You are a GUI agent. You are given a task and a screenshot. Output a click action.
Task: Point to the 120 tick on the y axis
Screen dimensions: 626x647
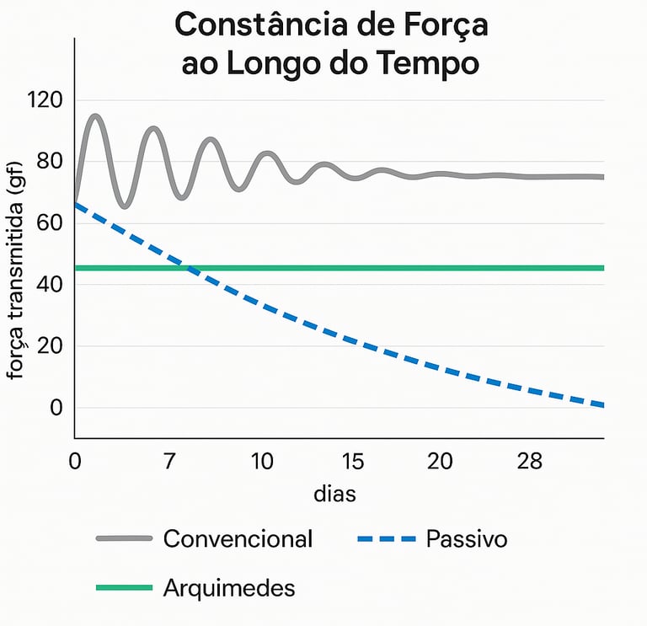click(45, 100)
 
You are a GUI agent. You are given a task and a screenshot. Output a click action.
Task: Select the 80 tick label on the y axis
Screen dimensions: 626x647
click(51, 162)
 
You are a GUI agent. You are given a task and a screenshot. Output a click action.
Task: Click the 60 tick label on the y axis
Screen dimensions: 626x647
click(51, 223)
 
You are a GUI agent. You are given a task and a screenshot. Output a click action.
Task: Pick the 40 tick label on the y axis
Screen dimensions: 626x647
click(51, 285)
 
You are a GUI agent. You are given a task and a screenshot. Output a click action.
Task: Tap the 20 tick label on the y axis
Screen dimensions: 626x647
click(51, 346)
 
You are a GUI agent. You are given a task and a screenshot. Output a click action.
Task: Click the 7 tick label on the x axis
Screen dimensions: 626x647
click(168, 462)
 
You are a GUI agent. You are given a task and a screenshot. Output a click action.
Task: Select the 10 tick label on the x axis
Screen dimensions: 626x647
click(262, 462)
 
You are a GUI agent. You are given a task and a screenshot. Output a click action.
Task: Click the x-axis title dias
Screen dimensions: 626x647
click(334, 494)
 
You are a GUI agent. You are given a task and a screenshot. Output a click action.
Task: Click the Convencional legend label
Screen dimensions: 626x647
click(238, 538)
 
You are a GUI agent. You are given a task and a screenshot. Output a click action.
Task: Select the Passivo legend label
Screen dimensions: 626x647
click(467, 538)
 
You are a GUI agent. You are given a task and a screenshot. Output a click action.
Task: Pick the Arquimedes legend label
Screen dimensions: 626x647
click(229, 587)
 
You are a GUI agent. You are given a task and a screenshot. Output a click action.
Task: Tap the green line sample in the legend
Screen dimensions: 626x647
click(124, 587)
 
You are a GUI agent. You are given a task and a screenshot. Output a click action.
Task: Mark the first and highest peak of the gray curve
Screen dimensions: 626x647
click(95, 116)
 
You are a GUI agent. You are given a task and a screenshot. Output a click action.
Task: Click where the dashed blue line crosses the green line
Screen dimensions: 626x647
click(190, 269)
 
